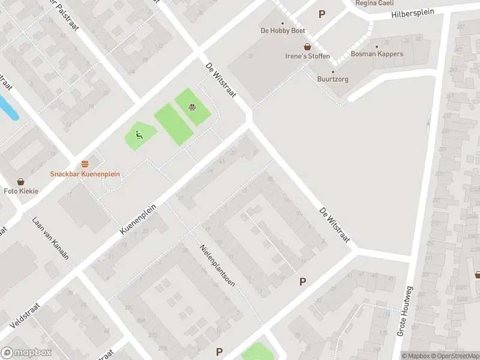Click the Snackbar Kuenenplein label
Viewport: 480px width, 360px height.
(85, 174)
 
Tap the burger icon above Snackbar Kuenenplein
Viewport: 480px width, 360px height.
(85, 164)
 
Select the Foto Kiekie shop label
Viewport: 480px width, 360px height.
(21, 191)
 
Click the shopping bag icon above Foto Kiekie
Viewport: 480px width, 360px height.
(21, 181)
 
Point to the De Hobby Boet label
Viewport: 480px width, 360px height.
(283, 31)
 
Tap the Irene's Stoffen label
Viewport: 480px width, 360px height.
(307, 56)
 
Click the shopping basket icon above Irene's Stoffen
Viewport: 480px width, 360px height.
(307, 47)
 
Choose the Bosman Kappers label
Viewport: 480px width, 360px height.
(377, 54)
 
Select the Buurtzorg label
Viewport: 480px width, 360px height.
(333, 79)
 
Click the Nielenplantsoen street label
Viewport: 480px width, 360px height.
(217, 265)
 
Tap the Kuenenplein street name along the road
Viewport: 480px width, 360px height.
(137, 217)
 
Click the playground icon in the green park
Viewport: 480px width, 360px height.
(139, 134)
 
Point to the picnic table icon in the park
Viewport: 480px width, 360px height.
(193, 108)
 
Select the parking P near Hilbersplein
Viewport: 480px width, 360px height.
(322, 14)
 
